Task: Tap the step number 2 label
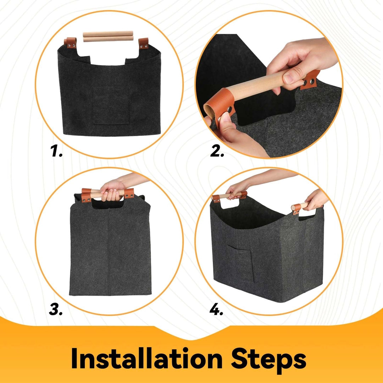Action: point(217,151)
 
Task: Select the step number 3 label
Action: point(56,309)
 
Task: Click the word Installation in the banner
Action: point(146,358)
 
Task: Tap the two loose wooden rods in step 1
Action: point(108,36)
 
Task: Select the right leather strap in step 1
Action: point(143,44)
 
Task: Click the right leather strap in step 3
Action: point(129,193)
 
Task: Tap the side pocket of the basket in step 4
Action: point(240,263)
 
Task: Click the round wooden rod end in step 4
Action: point(293,208)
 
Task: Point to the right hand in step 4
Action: point(315,199)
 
